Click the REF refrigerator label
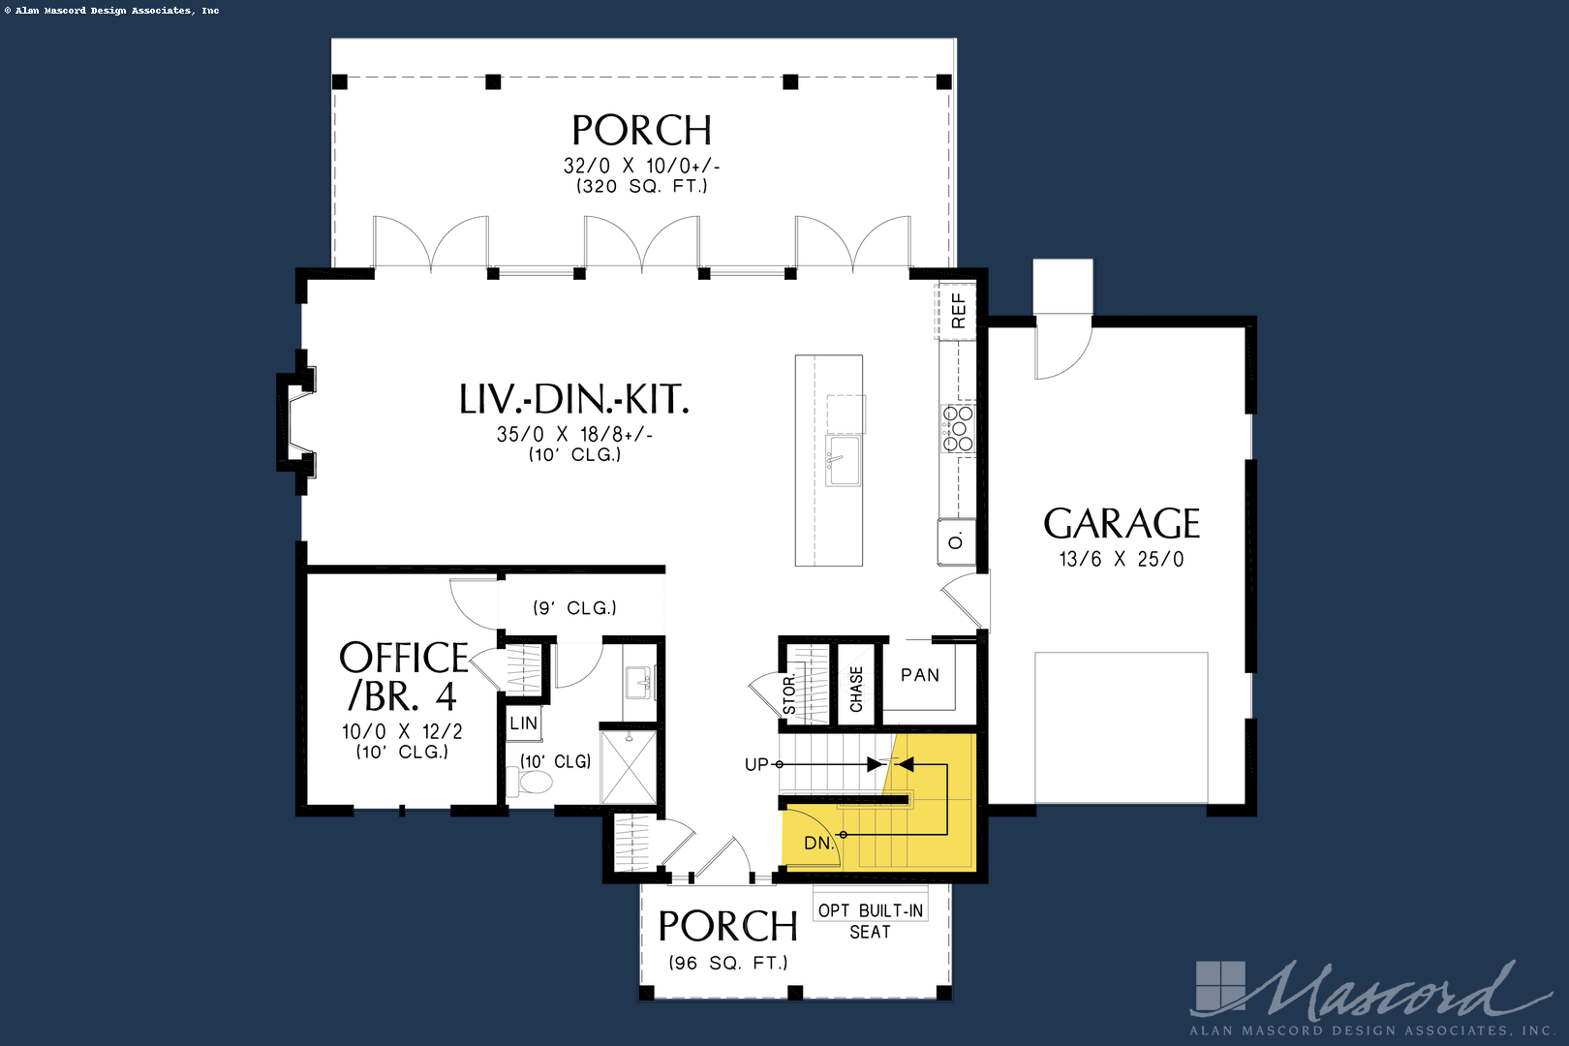point(958,311)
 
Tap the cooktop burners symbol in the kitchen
point(958,428)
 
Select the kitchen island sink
point(844,460)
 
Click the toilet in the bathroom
point(530,782)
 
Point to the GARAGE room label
point(1122,523)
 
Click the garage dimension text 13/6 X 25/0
point(1122,559)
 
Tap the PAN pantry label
point(920,675)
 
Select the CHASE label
point(856,689)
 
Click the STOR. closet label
point(789,694)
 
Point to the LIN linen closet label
point(523,723)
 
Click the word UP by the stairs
point(756,764)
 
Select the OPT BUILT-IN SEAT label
point(871,921)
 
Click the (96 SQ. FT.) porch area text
point(728,964)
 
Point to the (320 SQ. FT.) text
point(641,186)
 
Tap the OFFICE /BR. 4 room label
point(404,677)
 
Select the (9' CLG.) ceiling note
point(575,608)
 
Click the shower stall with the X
point(629,767)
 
